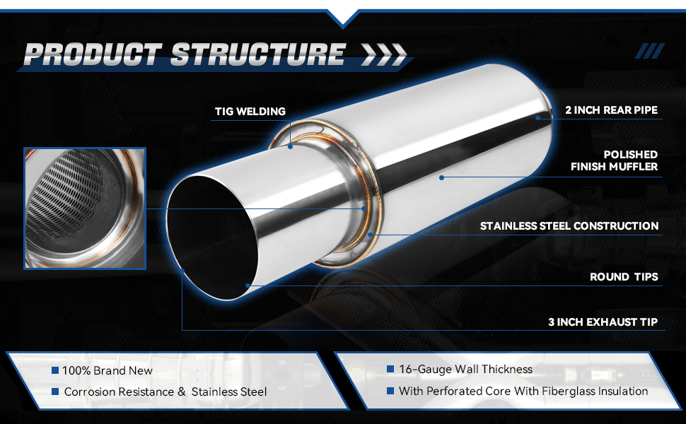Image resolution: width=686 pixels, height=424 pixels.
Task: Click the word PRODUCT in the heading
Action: point(93,54)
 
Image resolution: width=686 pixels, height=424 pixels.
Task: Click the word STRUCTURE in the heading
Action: point(258,54)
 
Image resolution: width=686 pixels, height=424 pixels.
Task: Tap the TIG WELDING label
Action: point(250,112)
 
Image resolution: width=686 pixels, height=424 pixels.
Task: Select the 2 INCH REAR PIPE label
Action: point(611,110)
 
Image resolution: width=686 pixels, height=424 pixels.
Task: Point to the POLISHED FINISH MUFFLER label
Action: point(615,160)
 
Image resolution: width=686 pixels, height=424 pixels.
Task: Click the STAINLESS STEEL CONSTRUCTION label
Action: point(569,226)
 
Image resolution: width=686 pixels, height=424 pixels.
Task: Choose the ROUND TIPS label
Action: point(624,277)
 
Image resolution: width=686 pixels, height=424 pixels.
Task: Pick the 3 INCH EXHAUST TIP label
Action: point(603,322)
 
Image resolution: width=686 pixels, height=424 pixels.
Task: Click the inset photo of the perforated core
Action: point(84,208)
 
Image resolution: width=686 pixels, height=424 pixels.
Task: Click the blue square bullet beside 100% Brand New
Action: point(55,370)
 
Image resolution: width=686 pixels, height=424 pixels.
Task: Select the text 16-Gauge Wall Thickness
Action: point(465,370)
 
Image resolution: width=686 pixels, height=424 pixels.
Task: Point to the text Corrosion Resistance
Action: point(119,391)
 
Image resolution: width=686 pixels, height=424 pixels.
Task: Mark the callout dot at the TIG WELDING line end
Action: point(290,147)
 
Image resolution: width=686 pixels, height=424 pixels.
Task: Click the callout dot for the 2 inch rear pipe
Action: point(537,117)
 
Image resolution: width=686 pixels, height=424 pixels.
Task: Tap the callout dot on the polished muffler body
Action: point(442,177)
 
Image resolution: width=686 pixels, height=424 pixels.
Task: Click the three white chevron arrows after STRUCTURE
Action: point(384,54)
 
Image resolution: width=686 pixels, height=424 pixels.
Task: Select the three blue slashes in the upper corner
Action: point(650,51)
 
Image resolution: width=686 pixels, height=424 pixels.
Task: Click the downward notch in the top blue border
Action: point(343,22)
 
